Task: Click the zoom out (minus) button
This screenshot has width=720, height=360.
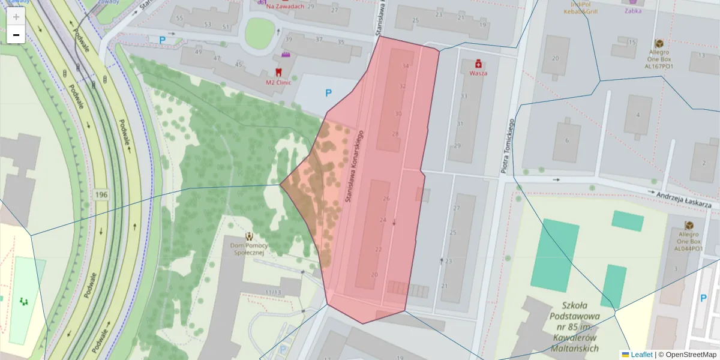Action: (x=16, y=35)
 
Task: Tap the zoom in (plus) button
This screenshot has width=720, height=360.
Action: (x=16, y=17)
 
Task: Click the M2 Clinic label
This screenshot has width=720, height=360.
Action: (x=278, y=82)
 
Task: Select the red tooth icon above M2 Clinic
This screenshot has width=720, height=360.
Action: (x=286, y=71)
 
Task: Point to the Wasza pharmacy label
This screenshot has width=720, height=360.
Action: (x=478, y=73)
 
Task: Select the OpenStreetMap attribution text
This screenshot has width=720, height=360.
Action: (x=687, y=355)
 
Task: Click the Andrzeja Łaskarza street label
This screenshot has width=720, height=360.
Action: (x=683, y=200)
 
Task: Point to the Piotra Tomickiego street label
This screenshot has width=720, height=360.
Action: (x=508, y=146)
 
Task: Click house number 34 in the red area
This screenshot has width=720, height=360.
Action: (x=406, y=66)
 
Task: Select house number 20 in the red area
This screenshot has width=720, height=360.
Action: (x=375, y=275)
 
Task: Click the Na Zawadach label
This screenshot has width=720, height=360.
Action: (x=285, y=6)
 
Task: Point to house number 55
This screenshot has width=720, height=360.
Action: (x=179, y=19)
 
